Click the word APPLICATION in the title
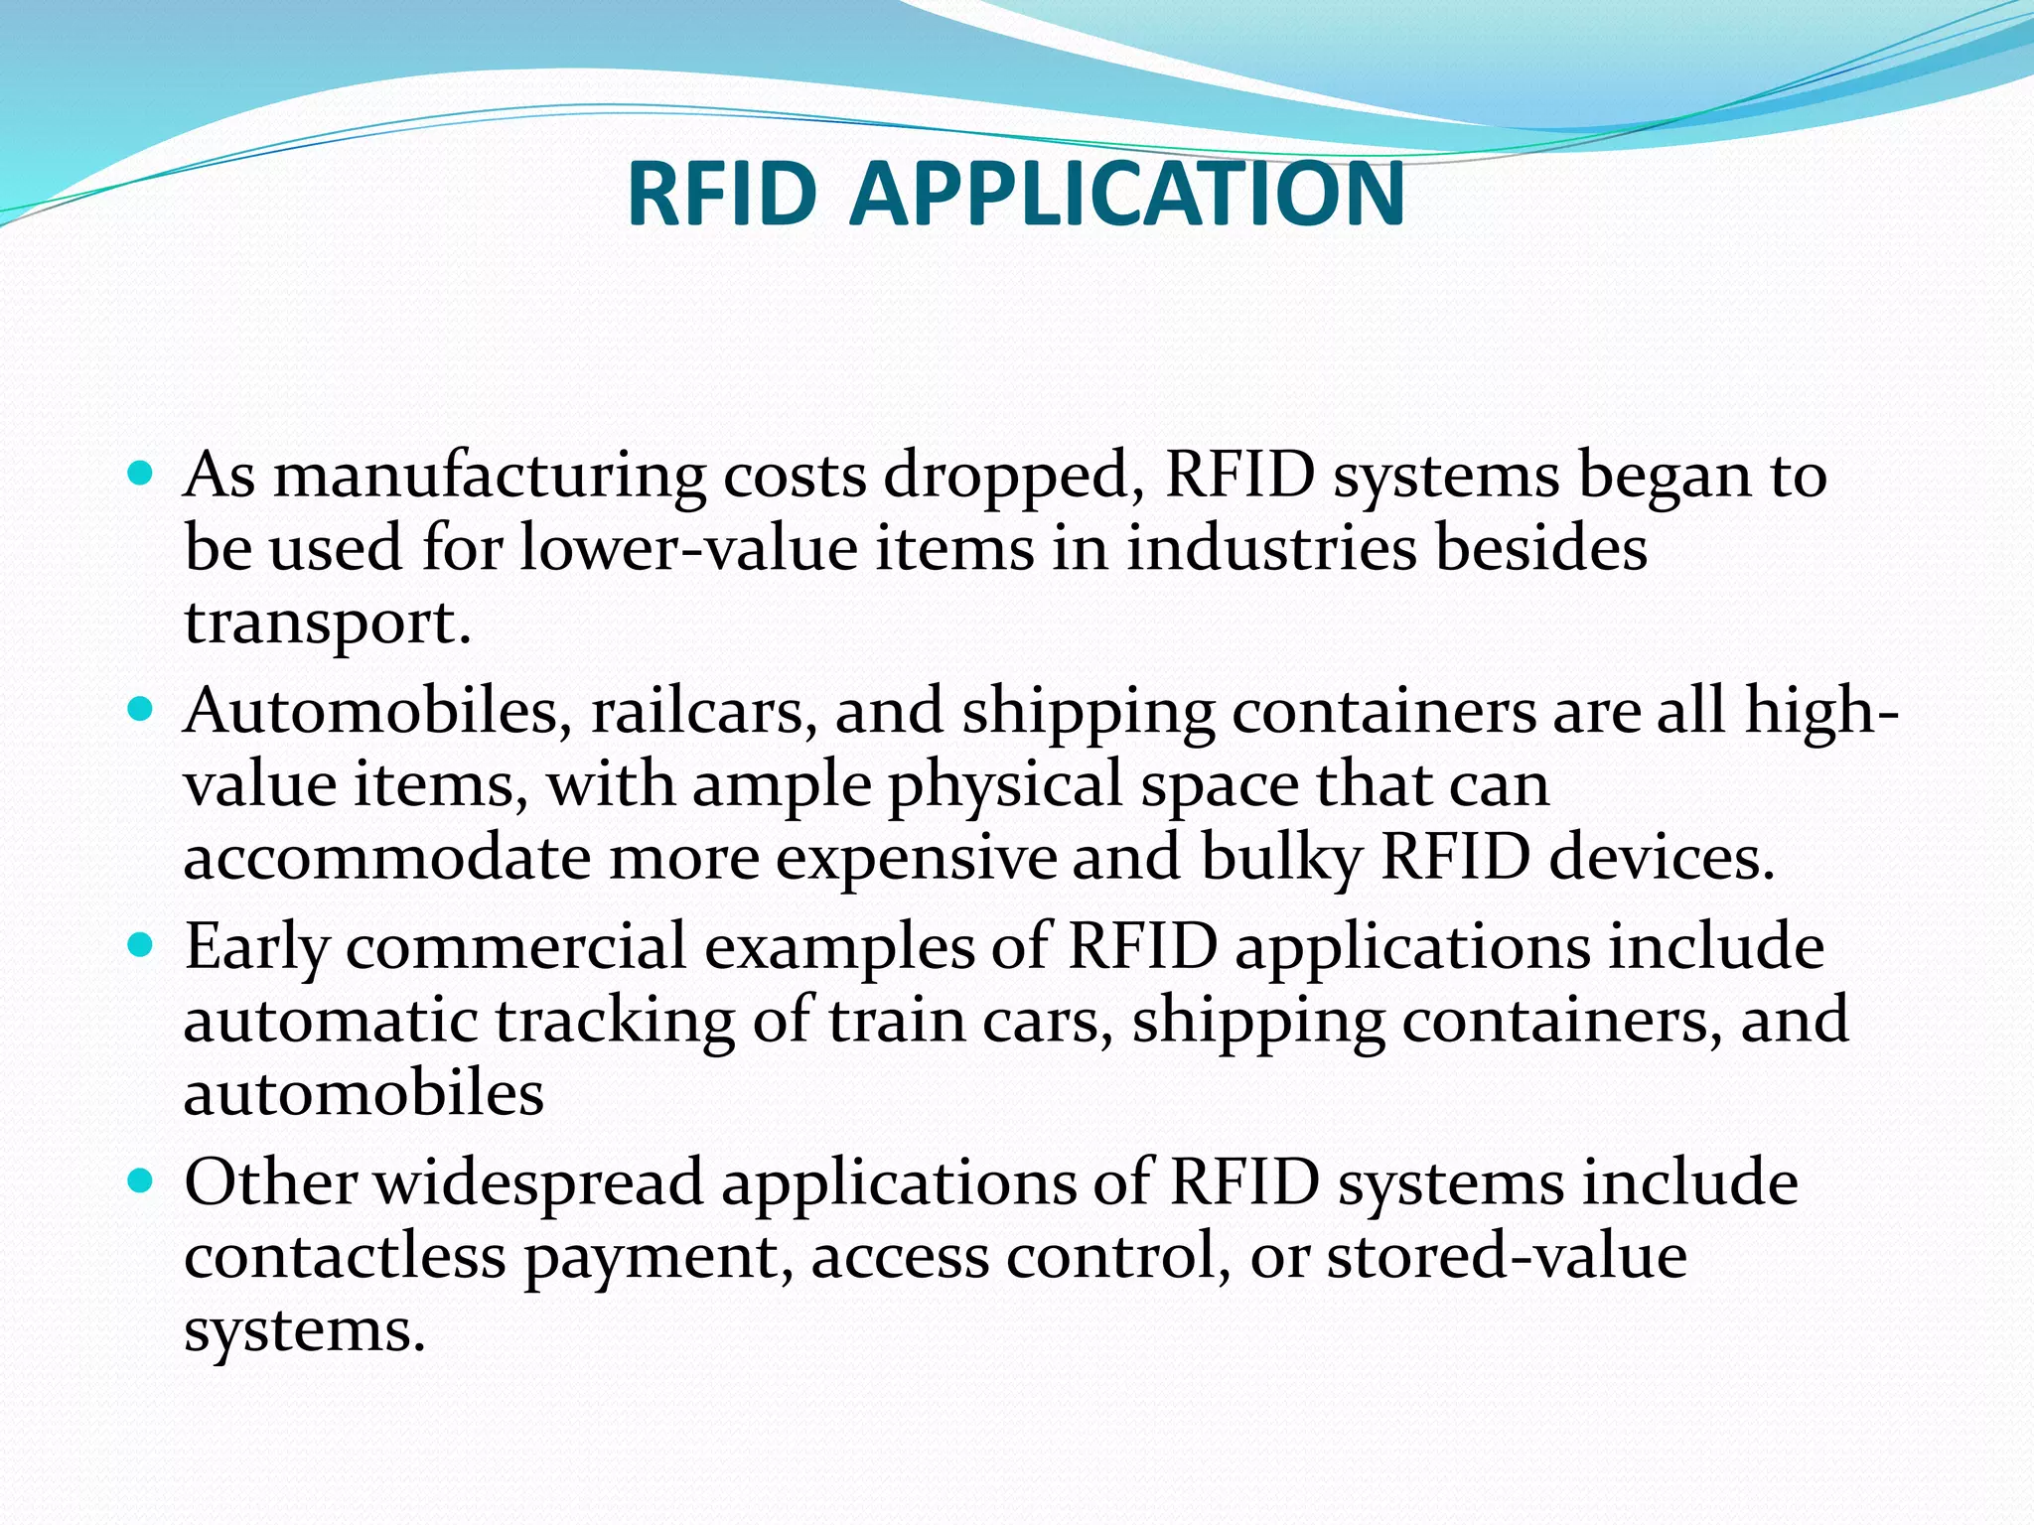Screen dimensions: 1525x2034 1127,193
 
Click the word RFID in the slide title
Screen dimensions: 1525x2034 722,193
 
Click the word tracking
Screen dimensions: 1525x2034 615,1022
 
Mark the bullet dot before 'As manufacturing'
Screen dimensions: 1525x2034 141,473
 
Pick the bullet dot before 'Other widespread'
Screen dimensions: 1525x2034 141,1180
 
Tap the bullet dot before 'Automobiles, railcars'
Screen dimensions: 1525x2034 141,709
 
